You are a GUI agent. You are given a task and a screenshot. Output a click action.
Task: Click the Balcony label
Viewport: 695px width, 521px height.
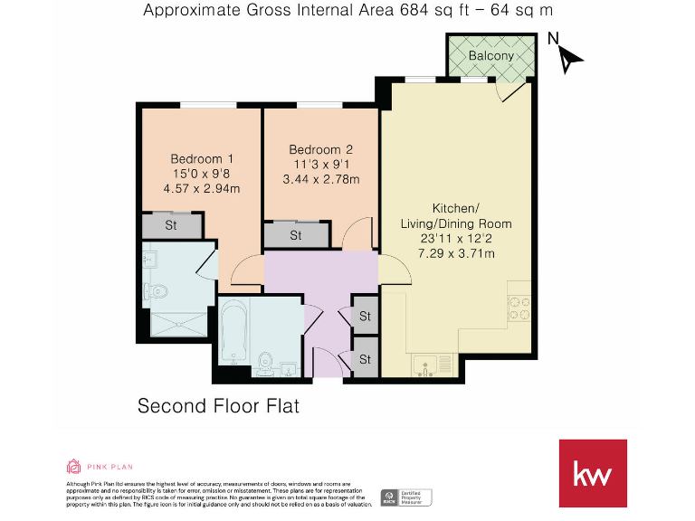[490, 55]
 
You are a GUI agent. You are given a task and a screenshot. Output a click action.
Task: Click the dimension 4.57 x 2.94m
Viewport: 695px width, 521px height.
[201, 189]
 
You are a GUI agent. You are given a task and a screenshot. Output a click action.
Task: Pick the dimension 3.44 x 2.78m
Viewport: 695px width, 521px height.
[320, 179]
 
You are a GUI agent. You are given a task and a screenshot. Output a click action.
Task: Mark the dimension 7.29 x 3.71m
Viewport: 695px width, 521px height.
[456, 254]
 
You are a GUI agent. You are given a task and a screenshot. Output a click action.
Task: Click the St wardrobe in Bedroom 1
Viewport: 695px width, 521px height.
[171, 225]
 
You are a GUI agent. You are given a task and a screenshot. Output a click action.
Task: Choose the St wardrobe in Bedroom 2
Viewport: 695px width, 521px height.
[295, 235]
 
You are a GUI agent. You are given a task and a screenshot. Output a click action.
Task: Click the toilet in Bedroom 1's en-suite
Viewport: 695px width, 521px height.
[156, 291]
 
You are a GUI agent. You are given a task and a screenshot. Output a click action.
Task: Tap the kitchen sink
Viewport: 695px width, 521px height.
[424, 366]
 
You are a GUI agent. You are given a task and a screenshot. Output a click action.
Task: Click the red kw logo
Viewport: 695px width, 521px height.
[593, 473]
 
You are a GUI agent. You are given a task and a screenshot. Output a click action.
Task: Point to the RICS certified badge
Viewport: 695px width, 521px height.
[405, 497]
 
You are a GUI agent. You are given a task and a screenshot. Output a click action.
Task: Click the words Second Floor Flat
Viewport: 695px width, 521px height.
[217, 406]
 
